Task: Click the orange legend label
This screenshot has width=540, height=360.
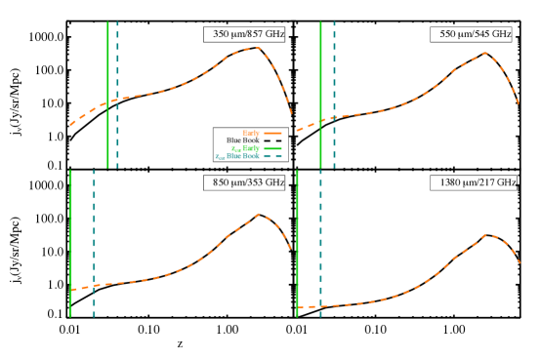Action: coord(251,133)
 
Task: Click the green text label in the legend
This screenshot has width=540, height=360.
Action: coord(245,148)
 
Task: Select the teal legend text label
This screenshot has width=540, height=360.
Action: coord(237,156)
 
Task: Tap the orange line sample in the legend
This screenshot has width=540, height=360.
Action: coord(272,133)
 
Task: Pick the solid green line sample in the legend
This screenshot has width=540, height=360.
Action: coord(272,148)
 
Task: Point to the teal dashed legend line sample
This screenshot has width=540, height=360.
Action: coord(272,156)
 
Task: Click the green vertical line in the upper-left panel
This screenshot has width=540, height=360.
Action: coord(107,59)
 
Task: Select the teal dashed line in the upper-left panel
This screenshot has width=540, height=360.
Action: coord(117,59)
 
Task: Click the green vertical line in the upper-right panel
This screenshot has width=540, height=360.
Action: coord(320,59)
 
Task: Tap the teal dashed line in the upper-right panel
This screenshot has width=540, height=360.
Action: coord(334,59)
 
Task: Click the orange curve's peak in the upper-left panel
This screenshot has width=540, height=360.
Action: coord(256,48)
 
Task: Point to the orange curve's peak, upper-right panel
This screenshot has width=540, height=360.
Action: coord(484,54)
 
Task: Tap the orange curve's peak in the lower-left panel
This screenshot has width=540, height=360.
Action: coord(260,215)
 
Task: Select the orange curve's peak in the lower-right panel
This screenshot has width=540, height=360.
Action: coord(490,235)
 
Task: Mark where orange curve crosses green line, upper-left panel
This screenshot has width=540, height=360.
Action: coord(107,101)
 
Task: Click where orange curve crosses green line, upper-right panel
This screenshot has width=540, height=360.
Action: coord(320,121)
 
